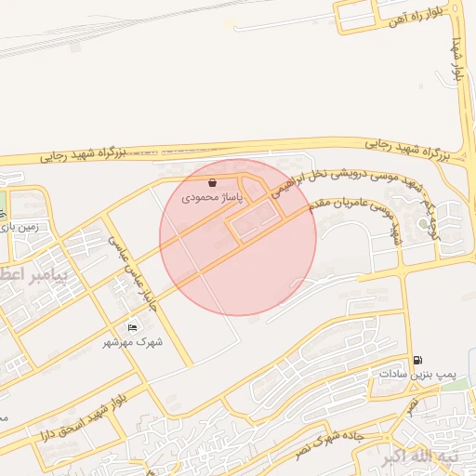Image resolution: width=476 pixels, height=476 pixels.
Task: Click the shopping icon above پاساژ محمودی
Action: (214, 183)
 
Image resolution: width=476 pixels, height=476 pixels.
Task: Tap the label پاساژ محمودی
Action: (212, 197)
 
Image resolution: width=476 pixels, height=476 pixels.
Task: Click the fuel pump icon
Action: (417, 360)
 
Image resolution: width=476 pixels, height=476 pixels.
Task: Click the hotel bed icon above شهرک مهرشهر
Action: (132, 328)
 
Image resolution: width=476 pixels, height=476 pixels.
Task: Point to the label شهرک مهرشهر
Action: (133, 342)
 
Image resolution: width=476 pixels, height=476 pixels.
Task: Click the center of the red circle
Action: (238, 237)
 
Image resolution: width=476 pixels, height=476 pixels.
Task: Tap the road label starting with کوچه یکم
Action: (416, 213)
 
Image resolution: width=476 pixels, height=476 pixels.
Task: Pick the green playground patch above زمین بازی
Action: (3, 204)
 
